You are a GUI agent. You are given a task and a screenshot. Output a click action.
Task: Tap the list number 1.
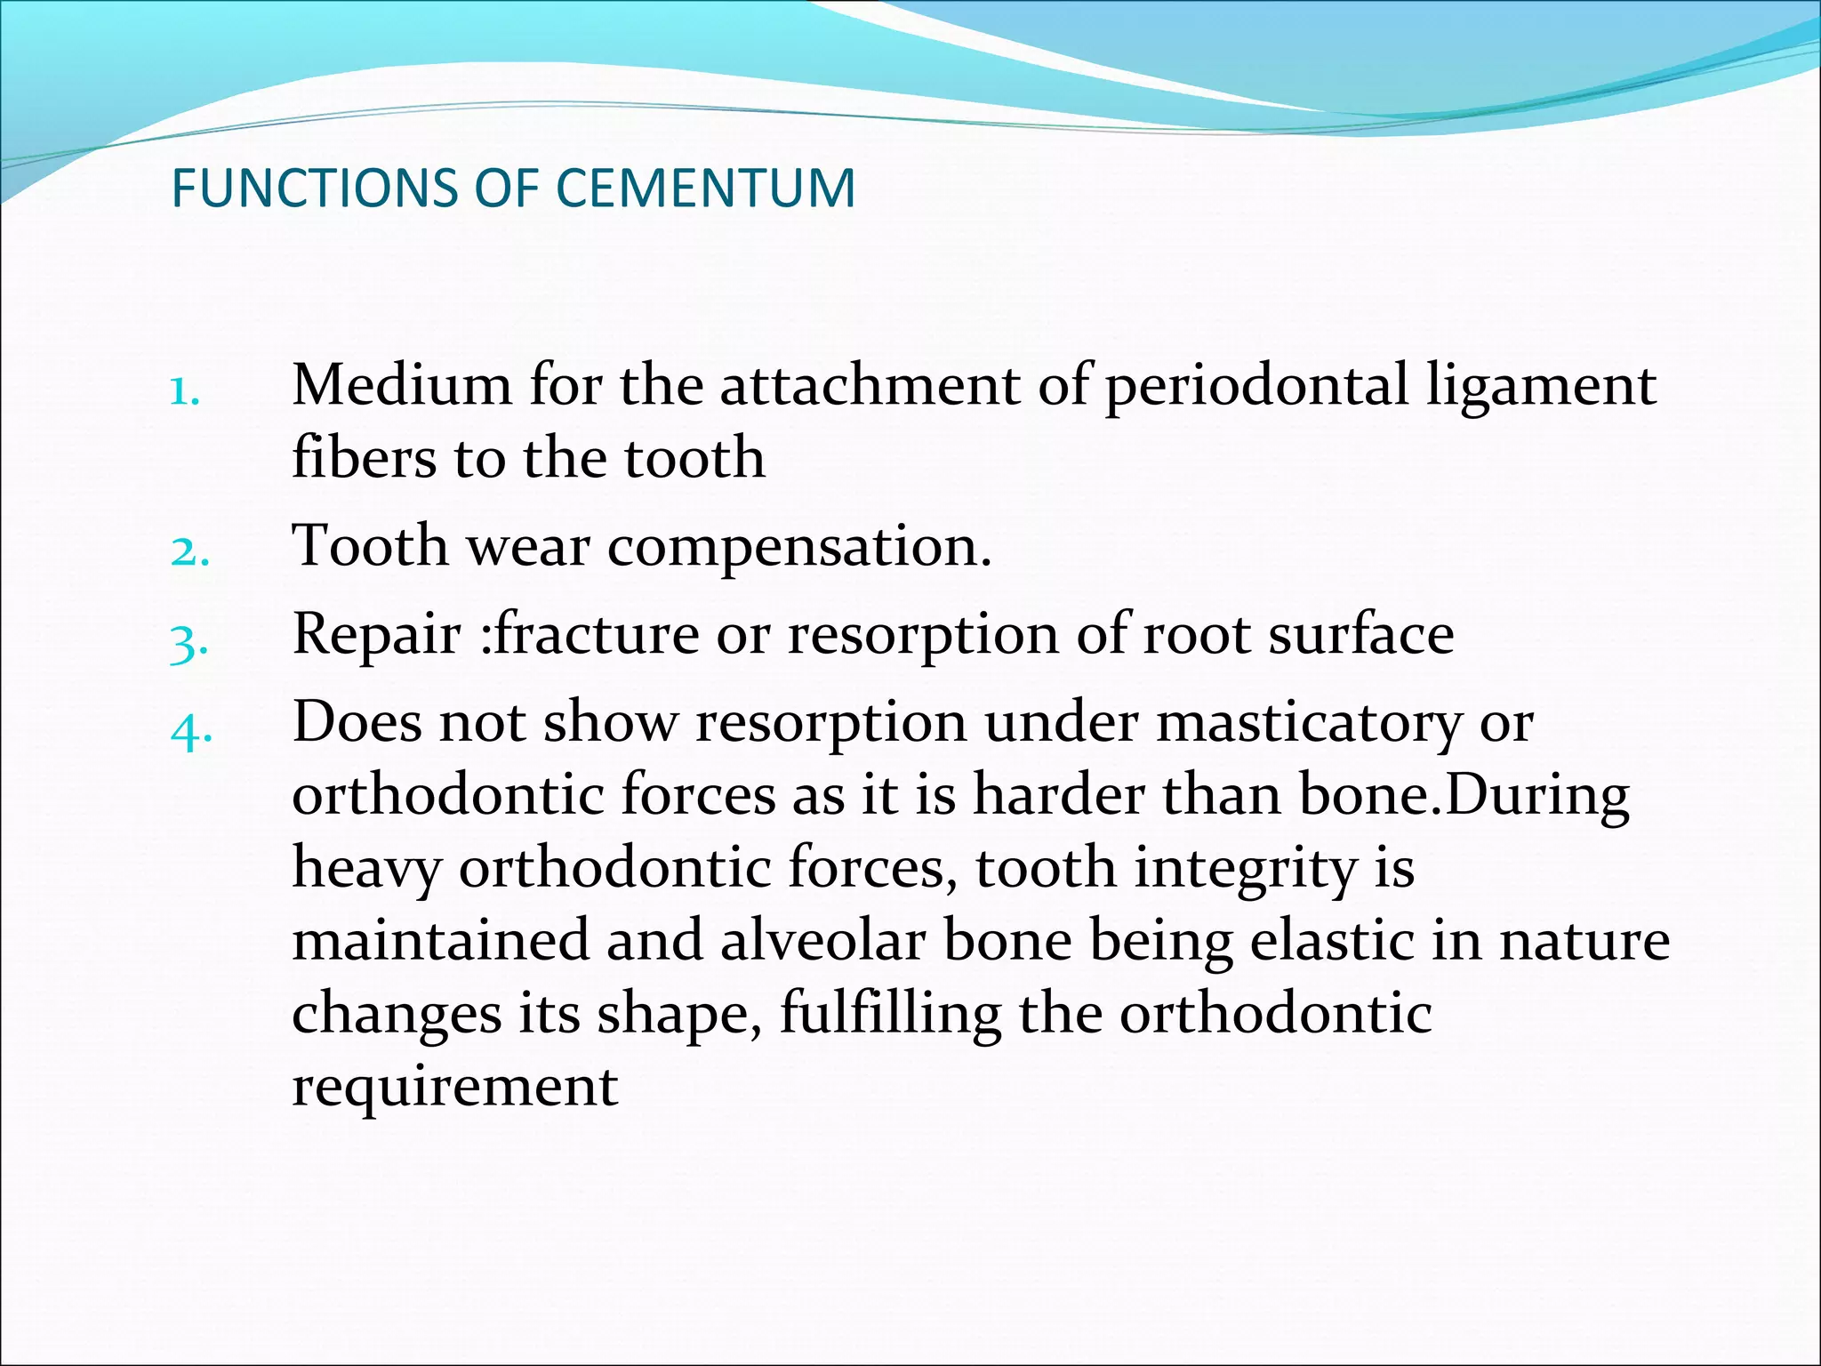tap(184, 391)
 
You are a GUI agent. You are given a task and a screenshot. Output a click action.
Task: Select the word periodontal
tap(1256, 388)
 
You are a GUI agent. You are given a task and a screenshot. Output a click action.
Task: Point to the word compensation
tap(798, 548)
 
